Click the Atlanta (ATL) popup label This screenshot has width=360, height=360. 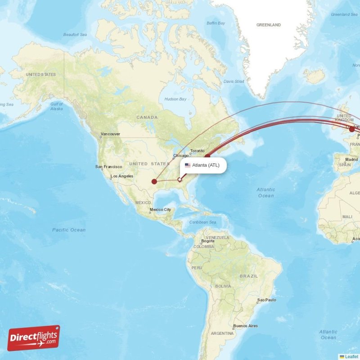coord(206,165)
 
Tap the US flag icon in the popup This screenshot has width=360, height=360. coord(188,165)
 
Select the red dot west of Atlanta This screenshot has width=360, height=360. coord(154,182)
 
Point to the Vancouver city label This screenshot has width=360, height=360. coord(110,134)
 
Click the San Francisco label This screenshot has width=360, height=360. coord(108,166)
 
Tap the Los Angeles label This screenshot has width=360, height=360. coord(123,176)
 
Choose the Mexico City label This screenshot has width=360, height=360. coord(160,210)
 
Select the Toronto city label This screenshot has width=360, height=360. coord(197,151)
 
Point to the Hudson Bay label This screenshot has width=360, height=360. coord(175,99)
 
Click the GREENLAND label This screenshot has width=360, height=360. coord(268,25)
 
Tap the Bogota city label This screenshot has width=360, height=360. coord(207,241)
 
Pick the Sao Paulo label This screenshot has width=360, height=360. coord(266,300)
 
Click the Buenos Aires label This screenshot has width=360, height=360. coord(246,326)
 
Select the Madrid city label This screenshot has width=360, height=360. coord(351,160)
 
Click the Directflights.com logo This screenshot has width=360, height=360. coord(34,338)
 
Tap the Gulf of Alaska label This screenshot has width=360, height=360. coord(57,107)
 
